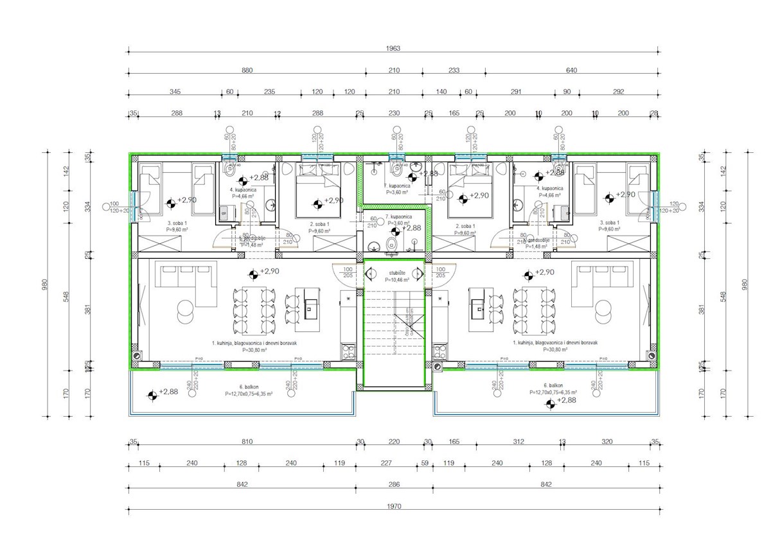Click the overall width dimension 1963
click(x=394, y=48)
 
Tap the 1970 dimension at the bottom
click(x=394, y=507)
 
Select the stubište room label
click(x=394, y=274)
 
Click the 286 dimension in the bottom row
click(x=394, y=485)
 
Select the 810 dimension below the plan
click(x=247, y=442)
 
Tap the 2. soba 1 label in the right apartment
click(x=465, y=227)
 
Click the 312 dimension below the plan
click(x=519, y=442)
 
